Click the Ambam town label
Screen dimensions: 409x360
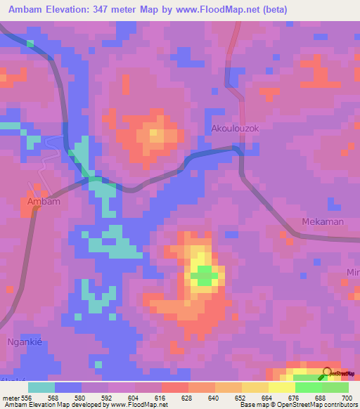point(43,202)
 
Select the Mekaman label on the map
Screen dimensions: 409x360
point(322,221)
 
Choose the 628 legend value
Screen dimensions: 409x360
point(188,397)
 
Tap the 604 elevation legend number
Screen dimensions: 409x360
point(134,397)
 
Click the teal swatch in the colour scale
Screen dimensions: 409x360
point(41,387)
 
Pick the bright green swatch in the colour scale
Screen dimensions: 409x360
point(308,387)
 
